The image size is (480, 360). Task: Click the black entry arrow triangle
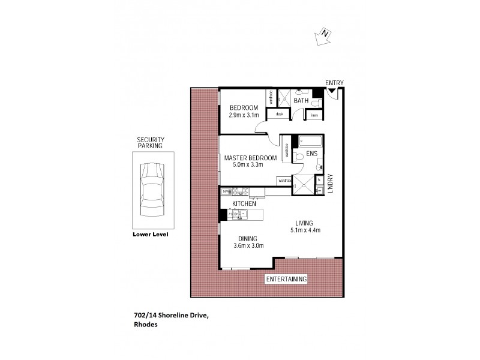[x=332, y=91]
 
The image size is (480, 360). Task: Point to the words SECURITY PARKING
[x=151, y=142]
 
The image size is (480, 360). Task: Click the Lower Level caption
[x=150, y=235]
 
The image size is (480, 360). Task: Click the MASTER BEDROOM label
[x=250, y=158]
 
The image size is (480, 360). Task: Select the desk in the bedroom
[x=279, y=113]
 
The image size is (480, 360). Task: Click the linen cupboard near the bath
[x=314, y=114]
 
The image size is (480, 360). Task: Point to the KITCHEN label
[x=244, y=203]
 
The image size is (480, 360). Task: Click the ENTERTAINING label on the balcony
[x=287, y=279]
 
